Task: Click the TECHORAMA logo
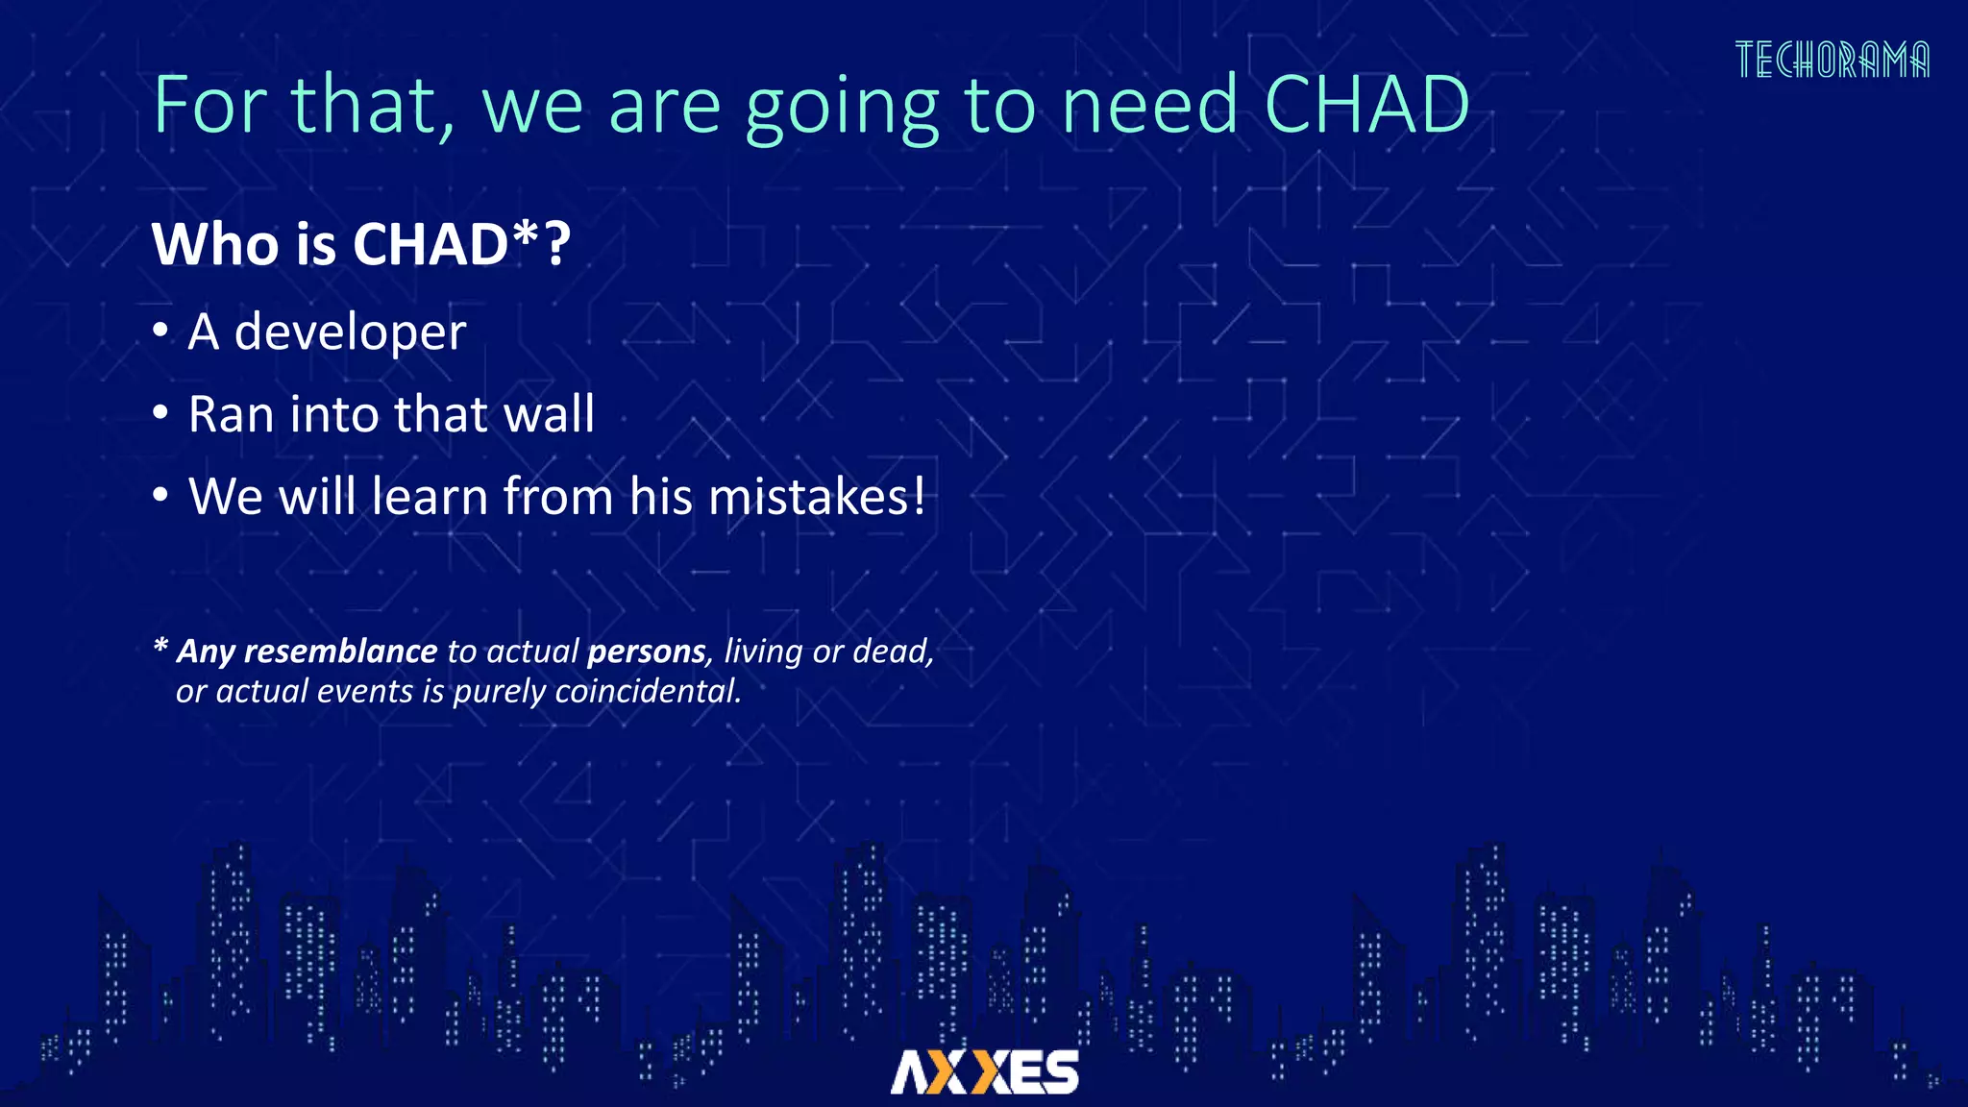click(x=1832, y=60)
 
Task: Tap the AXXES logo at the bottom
click(x=984, y=1071)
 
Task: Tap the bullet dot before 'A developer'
click(x=160, y=332)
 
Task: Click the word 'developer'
click(x=350, y=333)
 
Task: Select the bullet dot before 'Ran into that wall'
click(x=160, y=414)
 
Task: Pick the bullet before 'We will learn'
click(x=160, y=496)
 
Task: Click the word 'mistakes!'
click(x=816, y=497)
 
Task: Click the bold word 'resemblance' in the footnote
click(x=340, y=652)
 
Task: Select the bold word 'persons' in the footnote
click(x=646, y=652)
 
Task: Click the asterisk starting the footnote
click(x=160, y=647)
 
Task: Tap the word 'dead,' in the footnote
click(x=893, y=652)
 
